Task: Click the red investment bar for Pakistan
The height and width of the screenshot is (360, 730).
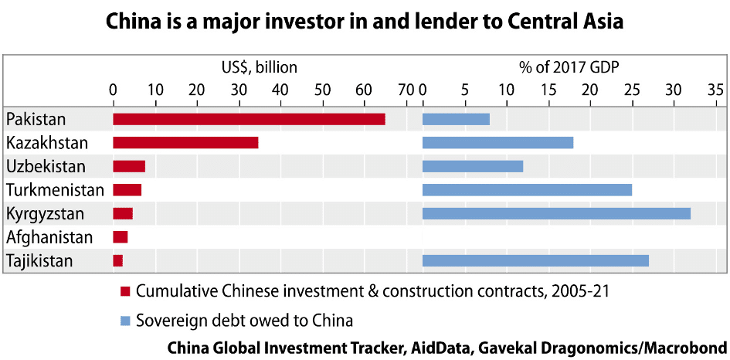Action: click(249, 119)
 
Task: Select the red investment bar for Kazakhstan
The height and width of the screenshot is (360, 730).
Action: click(185, 143)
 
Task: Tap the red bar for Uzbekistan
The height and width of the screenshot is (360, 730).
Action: click(129, 166)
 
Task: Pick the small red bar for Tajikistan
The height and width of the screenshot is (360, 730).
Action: click(117, 261)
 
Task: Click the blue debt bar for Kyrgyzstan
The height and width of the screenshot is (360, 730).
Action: click(556, 213)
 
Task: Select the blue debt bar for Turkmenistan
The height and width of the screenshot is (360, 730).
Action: click(527, 190)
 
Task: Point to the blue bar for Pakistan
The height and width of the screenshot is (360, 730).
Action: click(456, 119)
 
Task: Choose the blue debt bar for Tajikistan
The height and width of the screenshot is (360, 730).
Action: click(535, 261)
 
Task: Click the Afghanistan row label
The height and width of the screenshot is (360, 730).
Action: click(49, 237)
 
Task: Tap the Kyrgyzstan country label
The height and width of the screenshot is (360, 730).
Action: click(46, 213)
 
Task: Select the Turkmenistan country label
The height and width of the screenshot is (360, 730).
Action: click(54, 190)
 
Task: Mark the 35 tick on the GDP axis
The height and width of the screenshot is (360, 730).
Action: click(715, 90)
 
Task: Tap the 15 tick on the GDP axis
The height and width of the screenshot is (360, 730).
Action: click(548, 90)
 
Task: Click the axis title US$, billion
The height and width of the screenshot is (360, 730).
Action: click(259, 67)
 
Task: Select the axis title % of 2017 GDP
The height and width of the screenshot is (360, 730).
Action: click(569, 67)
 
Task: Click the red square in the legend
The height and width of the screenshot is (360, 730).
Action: click(125, 292)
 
